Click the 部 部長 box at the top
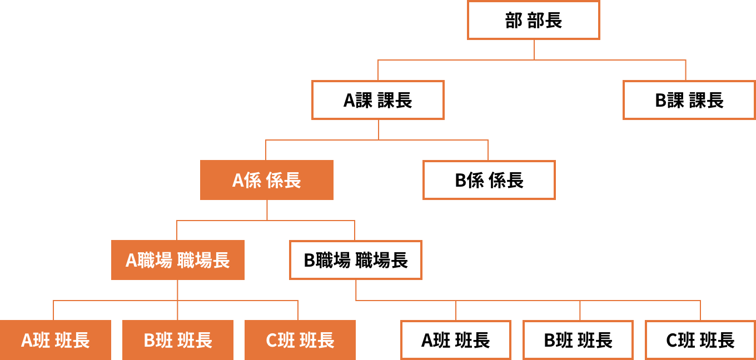pos(534,20)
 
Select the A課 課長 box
pos(378,100)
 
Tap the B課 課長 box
pos(689,100)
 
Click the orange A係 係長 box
pos(267,180)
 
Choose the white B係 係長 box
pos(489,180)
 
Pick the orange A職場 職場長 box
pos(178,260)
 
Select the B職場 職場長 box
pos(356,260)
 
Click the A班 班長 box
pos(56,340)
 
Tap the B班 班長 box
pos(178,340)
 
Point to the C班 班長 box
pos(300,340)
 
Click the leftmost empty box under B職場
pos(456,340)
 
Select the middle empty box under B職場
pos(578,340)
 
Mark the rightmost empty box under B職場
pos(700,340)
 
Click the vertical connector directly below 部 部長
pos(534,49)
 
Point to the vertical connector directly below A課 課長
pos(379,129)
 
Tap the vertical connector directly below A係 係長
pos(267,209)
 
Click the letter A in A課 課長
pos(349,101)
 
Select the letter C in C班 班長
pos(272,341)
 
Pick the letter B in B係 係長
pos(461,181)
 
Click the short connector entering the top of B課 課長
pos(685,70)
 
